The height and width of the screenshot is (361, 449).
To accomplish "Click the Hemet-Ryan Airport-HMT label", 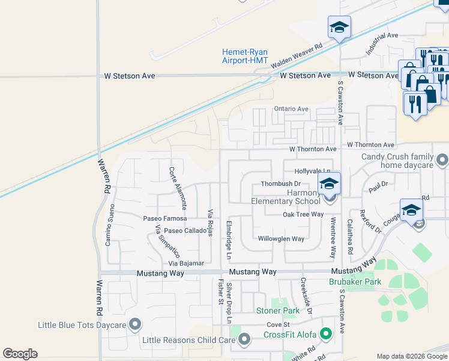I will click(245, 56).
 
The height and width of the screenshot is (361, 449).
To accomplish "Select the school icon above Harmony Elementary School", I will click(329, 184).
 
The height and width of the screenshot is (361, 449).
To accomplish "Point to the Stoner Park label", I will click(277, 311).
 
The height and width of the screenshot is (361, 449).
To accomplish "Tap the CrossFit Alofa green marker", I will click(326, 333).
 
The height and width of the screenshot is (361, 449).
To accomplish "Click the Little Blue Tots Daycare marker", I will click(135, 325).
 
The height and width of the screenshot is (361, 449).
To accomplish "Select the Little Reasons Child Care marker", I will click(244, 340).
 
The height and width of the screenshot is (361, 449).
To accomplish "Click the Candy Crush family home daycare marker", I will click(442, 160).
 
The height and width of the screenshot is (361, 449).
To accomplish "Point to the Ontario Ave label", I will click(291, 109).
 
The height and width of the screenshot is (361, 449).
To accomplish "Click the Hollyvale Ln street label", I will click(312, 171).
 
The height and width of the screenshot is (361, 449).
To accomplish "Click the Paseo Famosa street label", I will click(164, 218).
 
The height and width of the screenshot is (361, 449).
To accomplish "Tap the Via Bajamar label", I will click(186, 264).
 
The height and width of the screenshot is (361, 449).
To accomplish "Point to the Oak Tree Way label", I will click(303, 214).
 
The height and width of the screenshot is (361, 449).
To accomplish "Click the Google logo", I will click(20, 354).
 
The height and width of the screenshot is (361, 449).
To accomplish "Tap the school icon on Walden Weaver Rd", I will click(339, 28).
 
